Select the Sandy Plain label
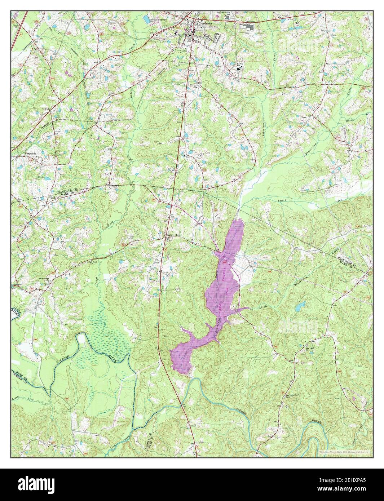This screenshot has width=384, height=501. (x=172, y=236)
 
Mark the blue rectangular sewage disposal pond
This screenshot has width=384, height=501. (x=146, y=17)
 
